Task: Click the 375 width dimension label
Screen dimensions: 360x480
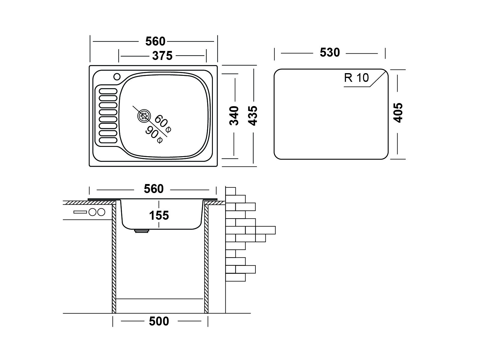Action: pyautogui.click(x=162, y=56)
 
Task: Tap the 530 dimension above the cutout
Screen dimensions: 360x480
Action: pyautogui.click(x=330, y=53)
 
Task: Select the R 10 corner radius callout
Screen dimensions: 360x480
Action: pyautogui.click(x=356, y=78)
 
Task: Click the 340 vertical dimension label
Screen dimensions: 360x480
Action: pyautogui.click(x=234, y=115)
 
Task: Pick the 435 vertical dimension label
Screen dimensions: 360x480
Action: pyautogui.click(x=253, y=115)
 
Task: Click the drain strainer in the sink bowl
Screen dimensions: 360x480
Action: pyautogui.click(x=144, y=116)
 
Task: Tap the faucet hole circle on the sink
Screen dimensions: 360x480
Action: pyautogui.click(x=117, y=77)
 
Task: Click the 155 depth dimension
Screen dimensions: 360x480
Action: pyautogui.click(x=159, y=216)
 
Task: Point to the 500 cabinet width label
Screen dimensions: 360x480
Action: pyautogui.click(x=159, y=321)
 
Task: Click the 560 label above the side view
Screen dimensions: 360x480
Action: pyautogui.click(x=154, y=189)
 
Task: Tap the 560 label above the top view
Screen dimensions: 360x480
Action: pyautogui.click(x=155, y=41)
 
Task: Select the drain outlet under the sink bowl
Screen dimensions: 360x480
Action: pyautogui.click(x=142, y=231)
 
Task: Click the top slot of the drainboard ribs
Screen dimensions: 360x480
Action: pyautogui.click(x=108, y=91)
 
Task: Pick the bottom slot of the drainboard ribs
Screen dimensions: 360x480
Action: pyautogui.click(x=108, y=140)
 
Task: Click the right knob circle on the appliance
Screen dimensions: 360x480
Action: pyautogui.click(x=101, y=212)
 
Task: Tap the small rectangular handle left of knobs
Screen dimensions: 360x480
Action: pyautogui.click(x=80, y=212)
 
